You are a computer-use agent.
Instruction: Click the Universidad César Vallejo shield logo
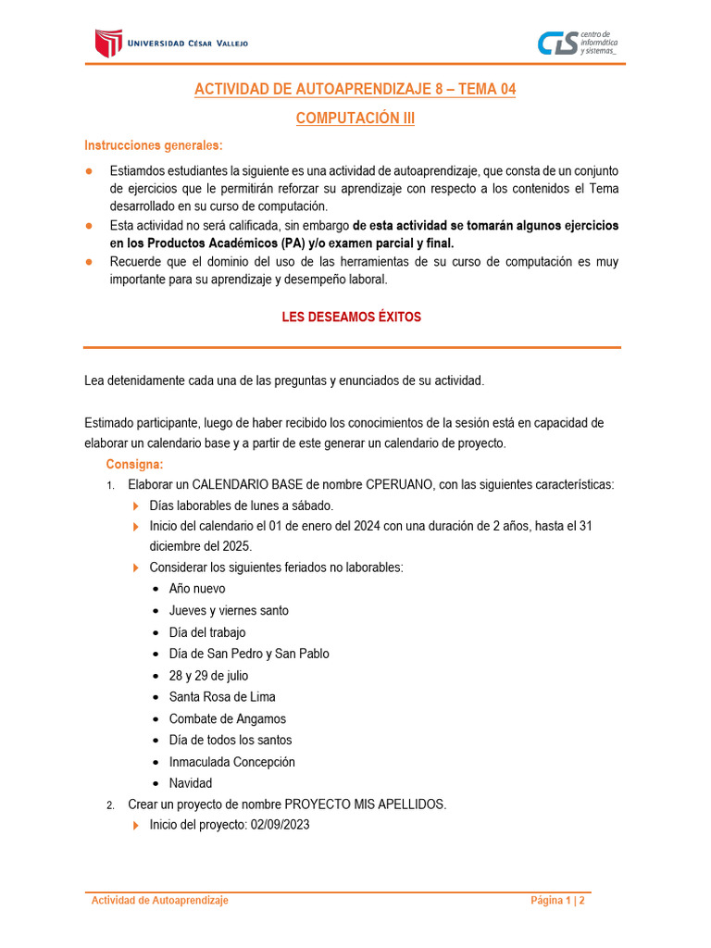coord(108,43)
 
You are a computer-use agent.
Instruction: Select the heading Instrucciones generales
coord(153,145)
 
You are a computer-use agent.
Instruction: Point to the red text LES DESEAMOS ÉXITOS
coord(351,317)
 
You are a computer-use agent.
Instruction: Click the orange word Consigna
coord(134,464)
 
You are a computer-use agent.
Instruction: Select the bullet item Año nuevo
coord(196,589)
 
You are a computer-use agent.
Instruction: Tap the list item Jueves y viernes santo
coord(228,610)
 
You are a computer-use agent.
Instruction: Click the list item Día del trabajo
coord(206,632)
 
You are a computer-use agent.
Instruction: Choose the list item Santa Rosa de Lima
coord(221,697)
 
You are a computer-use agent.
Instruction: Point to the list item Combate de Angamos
coord(227,718)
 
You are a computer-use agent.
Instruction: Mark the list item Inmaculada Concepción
coord(231,762)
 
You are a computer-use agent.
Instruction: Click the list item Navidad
coord(190,783)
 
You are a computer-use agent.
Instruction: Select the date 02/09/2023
coord(280,826)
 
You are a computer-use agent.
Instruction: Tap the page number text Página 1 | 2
coord(557,900)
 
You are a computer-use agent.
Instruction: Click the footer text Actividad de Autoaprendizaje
coord(159,900)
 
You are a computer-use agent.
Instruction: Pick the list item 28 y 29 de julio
coord(208,676)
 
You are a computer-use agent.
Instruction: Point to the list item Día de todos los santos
coord(230,740)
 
